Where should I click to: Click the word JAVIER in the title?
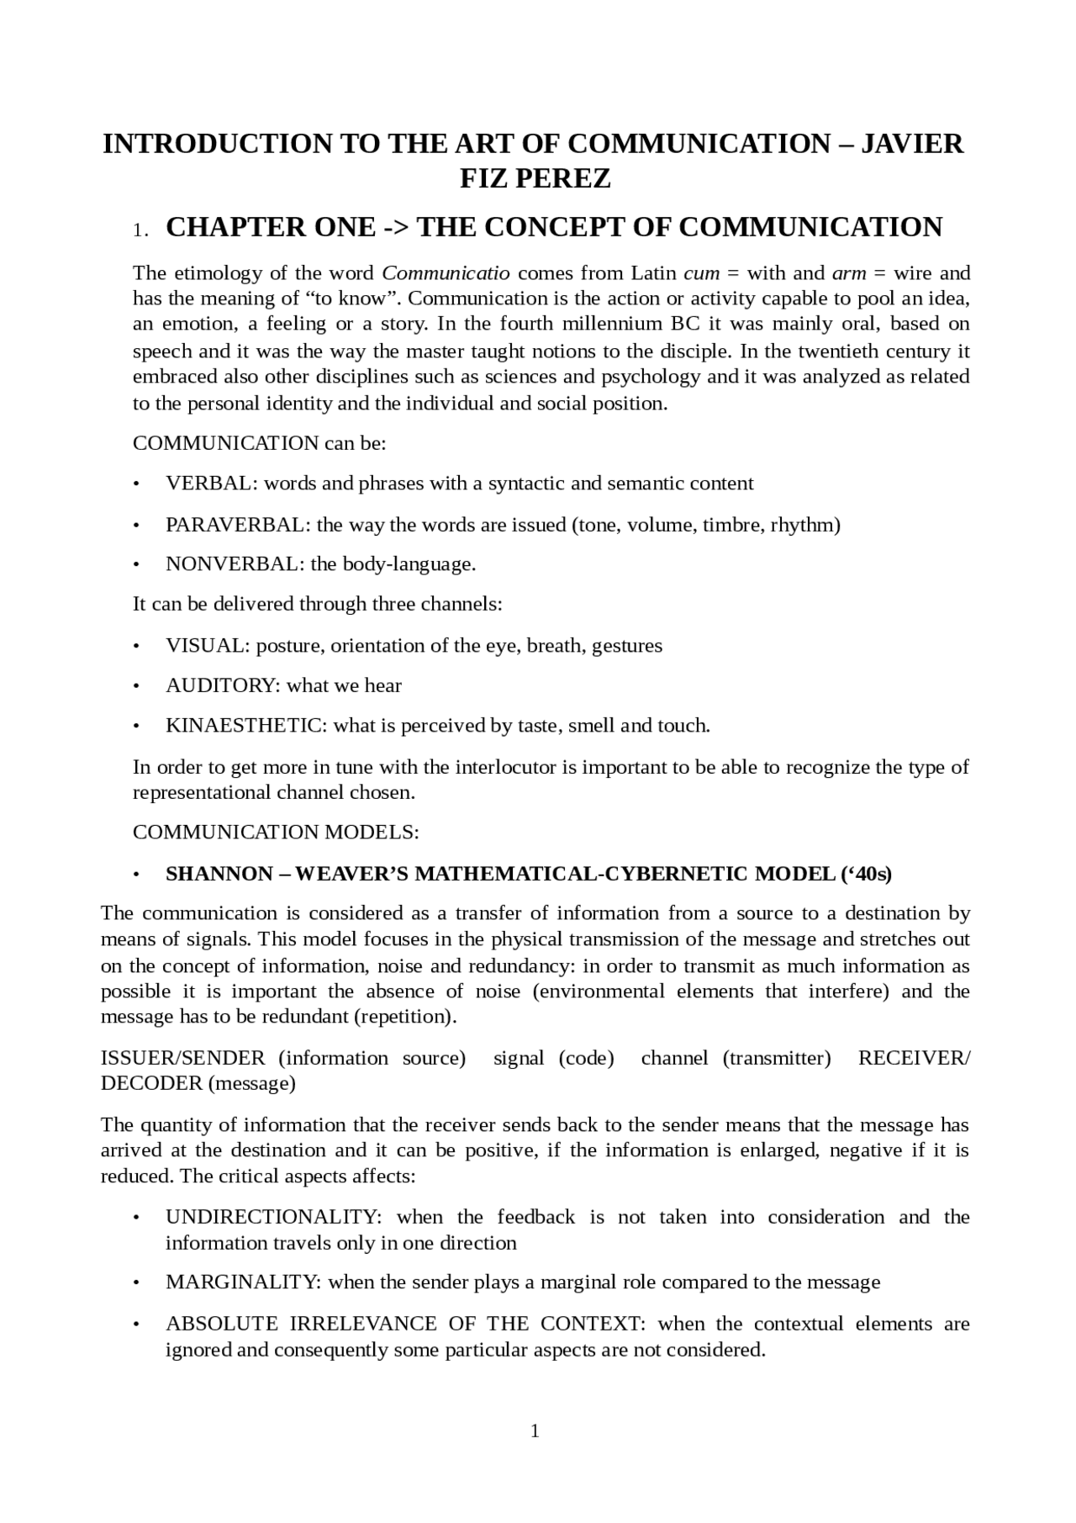coord(914,144)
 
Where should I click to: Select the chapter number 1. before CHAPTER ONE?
coord(140,230)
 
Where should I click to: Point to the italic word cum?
coord(702,273)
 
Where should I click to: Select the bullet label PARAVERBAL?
coord(238,526)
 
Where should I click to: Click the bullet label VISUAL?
coord(208,646)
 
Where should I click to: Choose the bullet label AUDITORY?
coord(223,686)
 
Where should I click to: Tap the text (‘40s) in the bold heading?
coord(866,874)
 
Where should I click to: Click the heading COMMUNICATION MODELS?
coord(276,833)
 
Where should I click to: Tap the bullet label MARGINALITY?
coord(243,1282)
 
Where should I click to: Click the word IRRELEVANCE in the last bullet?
coord(363,1324)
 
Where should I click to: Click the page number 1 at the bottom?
coord(535,1431)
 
